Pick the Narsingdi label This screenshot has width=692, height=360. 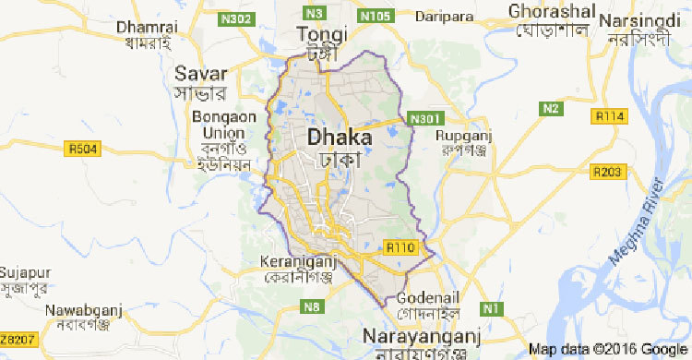coord(644,19)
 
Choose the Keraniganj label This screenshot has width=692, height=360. coord(292,260)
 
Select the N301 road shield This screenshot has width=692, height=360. coord(420,119)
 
